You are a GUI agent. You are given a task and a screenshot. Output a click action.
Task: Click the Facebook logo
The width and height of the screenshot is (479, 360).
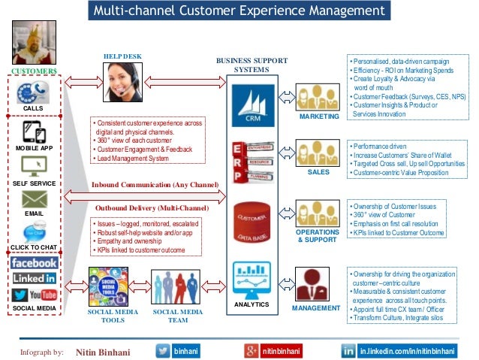(x=34, y=263)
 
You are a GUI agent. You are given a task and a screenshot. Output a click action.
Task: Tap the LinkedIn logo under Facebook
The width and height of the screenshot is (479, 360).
(x=34, y=279)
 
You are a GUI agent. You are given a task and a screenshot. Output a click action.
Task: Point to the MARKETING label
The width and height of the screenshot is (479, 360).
(x=319, y=117)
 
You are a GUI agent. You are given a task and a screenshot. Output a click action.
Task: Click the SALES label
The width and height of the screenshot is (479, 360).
(x=319, y=172)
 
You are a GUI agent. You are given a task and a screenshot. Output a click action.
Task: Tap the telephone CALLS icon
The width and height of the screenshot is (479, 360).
(x=32, y=94)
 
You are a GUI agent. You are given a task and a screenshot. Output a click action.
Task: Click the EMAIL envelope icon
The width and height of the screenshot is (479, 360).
(x=34, y=198)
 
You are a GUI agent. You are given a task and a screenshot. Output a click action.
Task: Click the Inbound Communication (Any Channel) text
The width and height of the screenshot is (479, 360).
(x=155, y=184)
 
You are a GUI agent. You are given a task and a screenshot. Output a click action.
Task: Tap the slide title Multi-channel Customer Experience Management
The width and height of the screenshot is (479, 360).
(x=239, y=11)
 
